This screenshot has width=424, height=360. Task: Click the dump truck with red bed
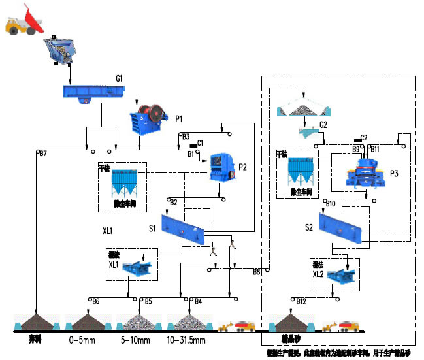24,20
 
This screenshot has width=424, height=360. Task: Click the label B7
42,155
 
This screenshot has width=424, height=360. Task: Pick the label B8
257,271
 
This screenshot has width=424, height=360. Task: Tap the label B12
301,301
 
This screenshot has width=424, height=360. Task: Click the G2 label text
323,124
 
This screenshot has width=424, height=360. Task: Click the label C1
200,142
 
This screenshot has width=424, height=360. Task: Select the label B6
95,301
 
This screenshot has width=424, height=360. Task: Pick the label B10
330,204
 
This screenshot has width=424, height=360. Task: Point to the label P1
178,118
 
